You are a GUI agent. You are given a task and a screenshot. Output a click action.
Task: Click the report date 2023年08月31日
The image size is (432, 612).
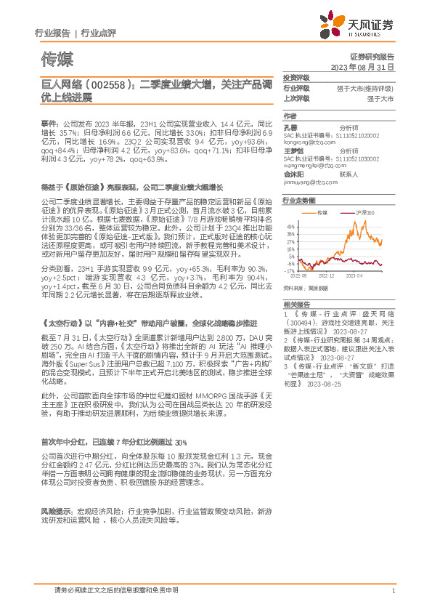(x=370, y=66)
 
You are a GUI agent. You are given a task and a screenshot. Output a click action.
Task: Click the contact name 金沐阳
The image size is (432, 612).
(x=293, y=175)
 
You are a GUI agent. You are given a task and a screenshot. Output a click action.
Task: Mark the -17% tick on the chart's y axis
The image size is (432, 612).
(x=290, y=271)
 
